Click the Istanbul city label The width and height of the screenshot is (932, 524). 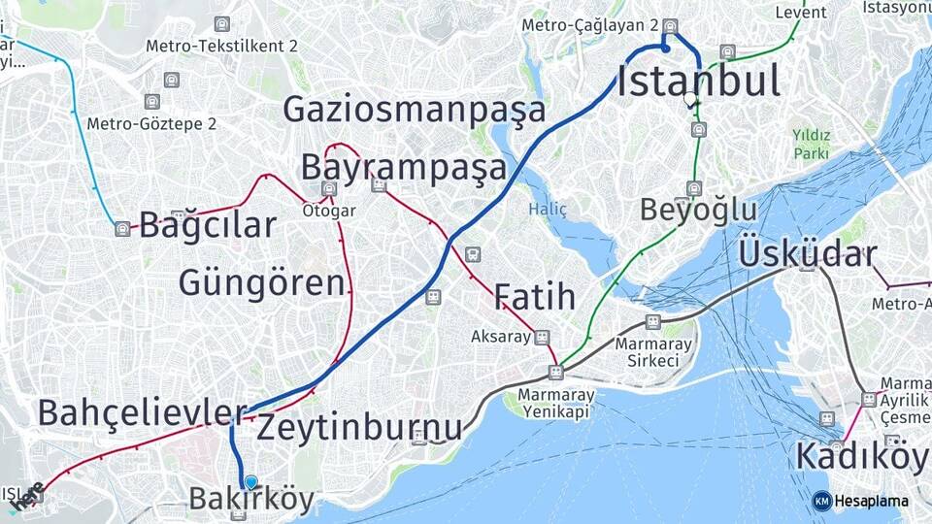tap(698, 82)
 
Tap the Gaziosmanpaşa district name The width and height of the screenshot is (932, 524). tap(414, 111)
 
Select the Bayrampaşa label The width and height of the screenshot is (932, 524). tap(403, 168)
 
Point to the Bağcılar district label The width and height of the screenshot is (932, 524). tap(208, 226)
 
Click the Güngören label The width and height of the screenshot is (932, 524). tap(261, 283)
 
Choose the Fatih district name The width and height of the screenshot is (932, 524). tap(534, 297)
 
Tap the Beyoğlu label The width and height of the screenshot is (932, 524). tap(698, 210)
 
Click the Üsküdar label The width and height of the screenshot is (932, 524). tap(807, 254)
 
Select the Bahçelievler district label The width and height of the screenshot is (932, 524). tap(142, 412)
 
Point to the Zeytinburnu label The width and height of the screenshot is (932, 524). tap(359, 427)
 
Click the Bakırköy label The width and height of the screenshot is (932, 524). tap(251, 500)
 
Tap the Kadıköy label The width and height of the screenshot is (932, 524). tap(860, 455)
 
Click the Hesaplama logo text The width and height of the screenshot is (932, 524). tap(871, 501)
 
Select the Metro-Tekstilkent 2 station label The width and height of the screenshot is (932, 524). tap(221, 46)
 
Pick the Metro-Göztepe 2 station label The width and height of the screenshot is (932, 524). tap(151, 123)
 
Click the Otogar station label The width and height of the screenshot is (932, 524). tap(329, 211)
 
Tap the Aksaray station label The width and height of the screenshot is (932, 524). tap(501, 337)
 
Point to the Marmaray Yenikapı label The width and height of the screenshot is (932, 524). tap(553, 404)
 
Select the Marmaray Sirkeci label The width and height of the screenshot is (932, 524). tap(652, 352)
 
